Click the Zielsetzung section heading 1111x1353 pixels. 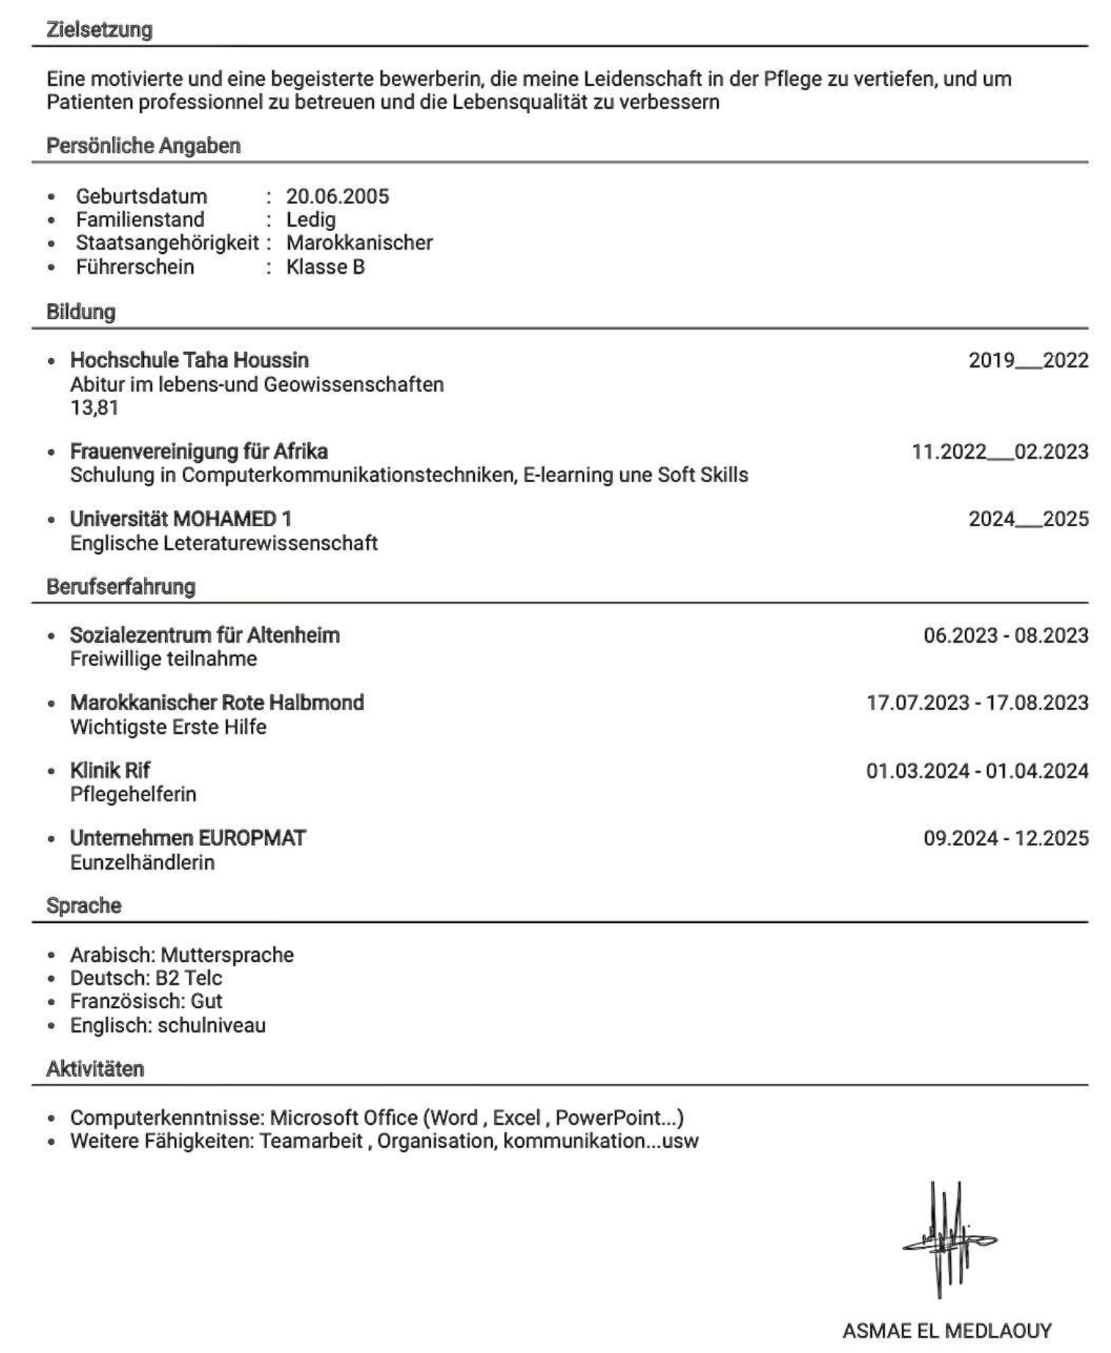(x=99, y=30)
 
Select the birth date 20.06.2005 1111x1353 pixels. (x=337, y=196)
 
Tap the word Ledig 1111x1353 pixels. (x=310, y=219)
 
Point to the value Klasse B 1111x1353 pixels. (x=325, y=266)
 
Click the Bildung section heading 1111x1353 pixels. (x=81, y=312)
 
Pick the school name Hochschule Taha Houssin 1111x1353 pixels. (x=189, y=360)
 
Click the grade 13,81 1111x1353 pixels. (x=94, y=408)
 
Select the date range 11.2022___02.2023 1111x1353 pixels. (x=999, y=451)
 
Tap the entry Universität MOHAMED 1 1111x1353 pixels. (x=181, y=519)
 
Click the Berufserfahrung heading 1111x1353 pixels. (x=121, y=587)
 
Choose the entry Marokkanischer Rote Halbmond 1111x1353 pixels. (x=216, y=703)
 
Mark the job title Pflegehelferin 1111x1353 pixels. (x=133, y=794)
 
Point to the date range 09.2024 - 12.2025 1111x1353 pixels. (x=1005, y=838)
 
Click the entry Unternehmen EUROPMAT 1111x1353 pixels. (x=188, y=838)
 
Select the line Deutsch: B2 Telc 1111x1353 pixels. (x=146, y=978)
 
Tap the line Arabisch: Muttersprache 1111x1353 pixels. (x=181, y=955)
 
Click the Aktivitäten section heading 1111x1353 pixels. (x=95, y=1069)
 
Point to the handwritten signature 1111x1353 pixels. (x=947, y=1240)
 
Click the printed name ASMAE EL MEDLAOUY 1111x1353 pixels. (x=947, y=1330)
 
